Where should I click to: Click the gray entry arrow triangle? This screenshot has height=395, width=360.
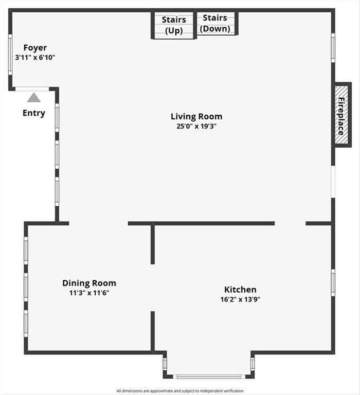(x=34, y=98)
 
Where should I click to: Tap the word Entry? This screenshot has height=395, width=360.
(x=34, y=113)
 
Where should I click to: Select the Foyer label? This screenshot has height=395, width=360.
(x=35, y=48)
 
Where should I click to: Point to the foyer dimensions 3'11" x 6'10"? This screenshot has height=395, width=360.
(x=35, y=58)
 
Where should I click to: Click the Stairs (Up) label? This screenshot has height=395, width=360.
(x=174, y=25)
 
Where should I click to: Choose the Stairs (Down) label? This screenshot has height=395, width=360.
(x=215, y=23)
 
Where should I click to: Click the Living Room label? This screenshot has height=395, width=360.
(x=196, y=116)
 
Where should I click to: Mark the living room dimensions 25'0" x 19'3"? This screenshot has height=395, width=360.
(x=196, y=126)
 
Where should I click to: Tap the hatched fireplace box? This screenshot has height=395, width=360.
(x=341, y=115)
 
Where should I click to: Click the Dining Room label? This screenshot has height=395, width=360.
(x=89, y=283)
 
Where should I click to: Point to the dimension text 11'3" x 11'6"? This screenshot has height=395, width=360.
(x=89, y=293)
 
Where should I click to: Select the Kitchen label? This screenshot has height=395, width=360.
(x=240, y=290)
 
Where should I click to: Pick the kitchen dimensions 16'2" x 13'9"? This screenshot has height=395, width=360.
(x=240, y=299)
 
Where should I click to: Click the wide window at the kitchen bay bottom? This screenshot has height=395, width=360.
(x=209, y=376)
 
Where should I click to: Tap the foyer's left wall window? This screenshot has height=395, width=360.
(x=10, y=55)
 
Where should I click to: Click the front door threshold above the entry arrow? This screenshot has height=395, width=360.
(x=32, y=89)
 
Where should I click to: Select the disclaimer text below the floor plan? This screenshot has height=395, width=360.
(x=180, y=391)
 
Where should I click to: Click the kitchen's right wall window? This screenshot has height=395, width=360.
(x=333, y=283)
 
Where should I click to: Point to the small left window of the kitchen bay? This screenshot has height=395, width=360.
(x=165, y=364)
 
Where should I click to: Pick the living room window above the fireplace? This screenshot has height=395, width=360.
(x=333, y=48)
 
